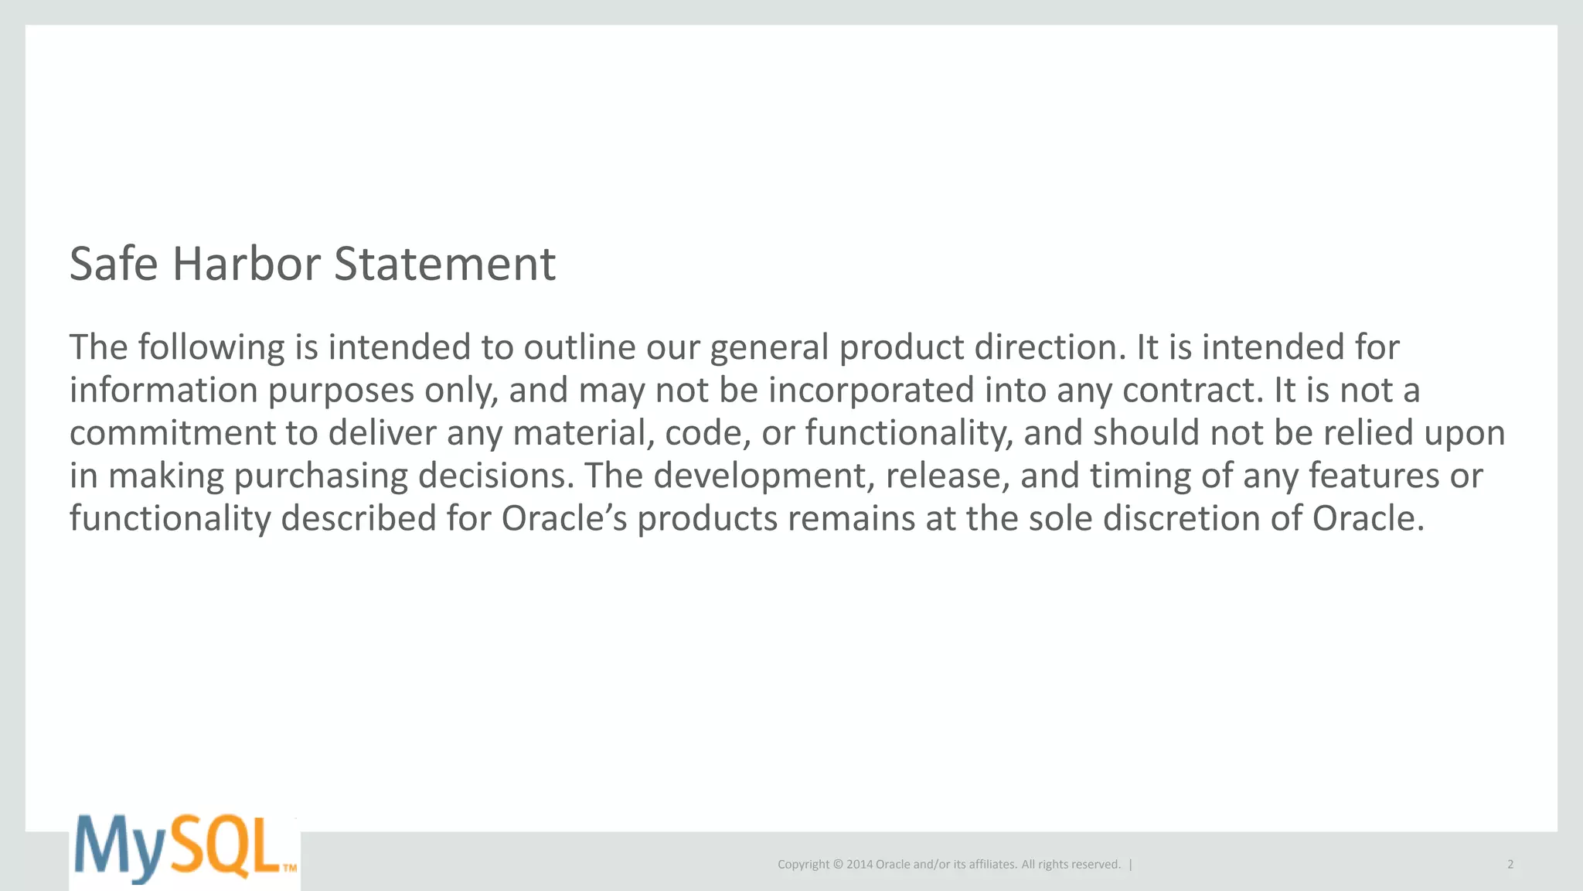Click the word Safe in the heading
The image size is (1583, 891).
[114, 264]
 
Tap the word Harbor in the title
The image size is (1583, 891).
[246, 264]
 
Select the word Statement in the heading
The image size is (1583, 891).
[444, 264]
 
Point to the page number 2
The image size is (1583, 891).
[1510, 864]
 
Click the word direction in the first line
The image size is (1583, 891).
[1050, 347]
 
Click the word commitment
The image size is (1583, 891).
[172, 432]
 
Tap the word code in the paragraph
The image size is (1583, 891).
[707, 432]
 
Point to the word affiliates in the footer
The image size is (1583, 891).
[986, 864]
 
